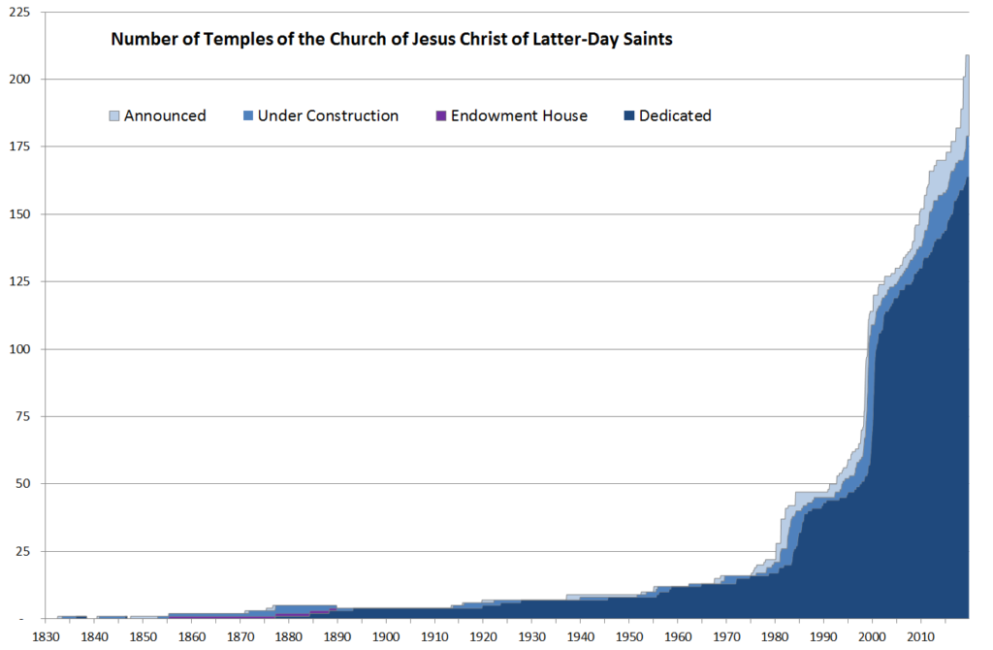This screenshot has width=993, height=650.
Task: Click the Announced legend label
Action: [x=165, y=115]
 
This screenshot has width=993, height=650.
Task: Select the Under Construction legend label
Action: [x=328, y=115]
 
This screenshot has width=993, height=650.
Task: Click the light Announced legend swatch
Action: [x=113, y=116]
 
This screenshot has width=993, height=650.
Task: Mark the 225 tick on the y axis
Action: [x=18, y=12]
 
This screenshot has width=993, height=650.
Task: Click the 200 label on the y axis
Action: [x=18, y=79]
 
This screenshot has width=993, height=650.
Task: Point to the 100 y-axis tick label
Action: [x=18, y=348]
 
